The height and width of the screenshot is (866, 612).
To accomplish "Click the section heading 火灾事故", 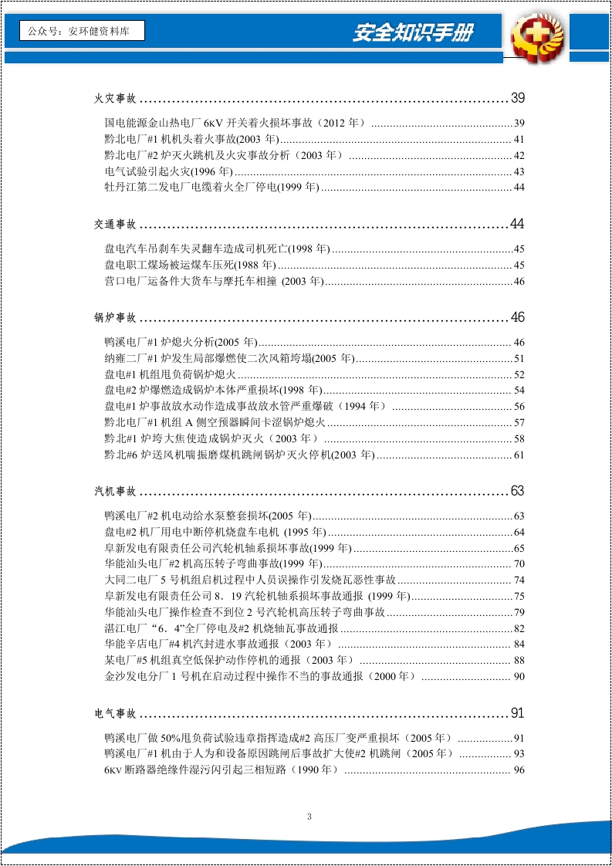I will point(115,99).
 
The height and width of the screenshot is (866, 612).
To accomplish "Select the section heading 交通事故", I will point(115,225).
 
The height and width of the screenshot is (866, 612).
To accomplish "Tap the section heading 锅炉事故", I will point(115,318).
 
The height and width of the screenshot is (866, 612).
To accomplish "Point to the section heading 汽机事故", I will point(115,492).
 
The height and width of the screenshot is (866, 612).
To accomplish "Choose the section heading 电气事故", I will point(115,713).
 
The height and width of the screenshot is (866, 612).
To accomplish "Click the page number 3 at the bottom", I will point(309,817).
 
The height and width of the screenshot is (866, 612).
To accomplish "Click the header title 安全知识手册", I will point(413,32).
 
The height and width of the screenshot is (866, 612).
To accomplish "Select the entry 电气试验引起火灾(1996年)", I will point(168,171).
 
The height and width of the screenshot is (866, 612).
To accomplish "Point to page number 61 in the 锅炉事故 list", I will point(519,455).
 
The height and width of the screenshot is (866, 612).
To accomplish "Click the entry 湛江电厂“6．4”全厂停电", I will point(221,628).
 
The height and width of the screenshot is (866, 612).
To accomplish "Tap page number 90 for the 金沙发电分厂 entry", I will point(519,677).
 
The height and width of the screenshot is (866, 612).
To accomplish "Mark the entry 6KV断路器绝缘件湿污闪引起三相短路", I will point(221,770).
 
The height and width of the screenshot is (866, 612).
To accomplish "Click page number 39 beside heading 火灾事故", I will point(517,98).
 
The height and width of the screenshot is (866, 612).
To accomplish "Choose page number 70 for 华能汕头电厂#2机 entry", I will point(519,564).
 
